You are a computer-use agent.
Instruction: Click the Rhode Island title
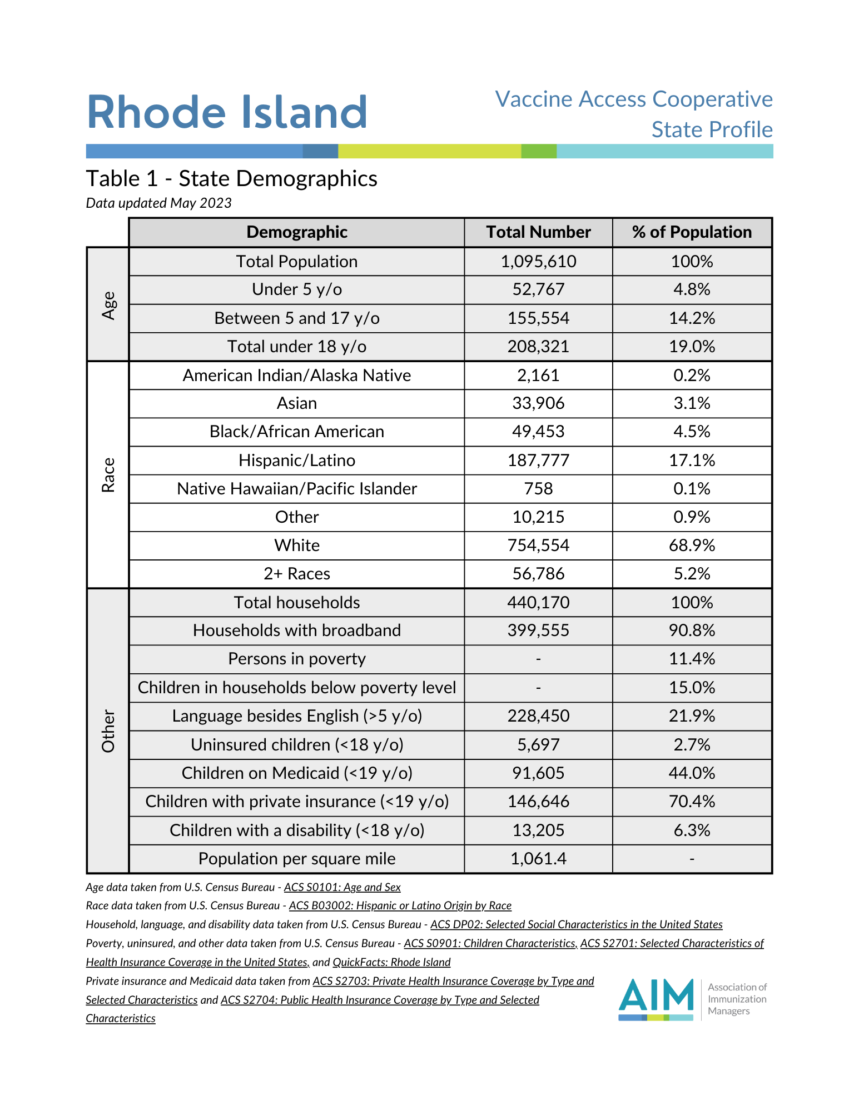(x=227, y=112)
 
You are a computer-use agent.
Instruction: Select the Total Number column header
(x=538, y=232)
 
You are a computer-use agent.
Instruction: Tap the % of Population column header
(x=692, y=232)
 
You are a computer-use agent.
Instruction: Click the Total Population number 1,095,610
(x=538, y=262)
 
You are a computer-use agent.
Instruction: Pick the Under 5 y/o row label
(x=297, y=289)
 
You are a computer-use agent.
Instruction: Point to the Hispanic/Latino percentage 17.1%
(x=692, y=461)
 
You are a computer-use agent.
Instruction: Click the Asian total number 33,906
(x=538, y=403)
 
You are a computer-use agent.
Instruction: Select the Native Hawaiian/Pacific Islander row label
(x=297, y=489)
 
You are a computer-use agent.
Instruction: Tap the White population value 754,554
(x=538, y=546)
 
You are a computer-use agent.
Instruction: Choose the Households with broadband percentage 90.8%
(x=692, y=630)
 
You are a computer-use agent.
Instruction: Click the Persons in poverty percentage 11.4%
(x=692, y=659)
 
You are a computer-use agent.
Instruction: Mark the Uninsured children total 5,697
(x=538, y=745)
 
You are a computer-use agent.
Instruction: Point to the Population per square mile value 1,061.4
(x=538, y=859)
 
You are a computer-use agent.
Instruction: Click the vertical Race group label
(x=108, y=475)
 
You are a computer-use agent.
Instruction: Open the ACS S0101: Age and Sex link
(x=342, y=887)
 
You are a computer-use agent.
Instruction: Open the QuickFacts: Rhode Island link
(x=391, y=962)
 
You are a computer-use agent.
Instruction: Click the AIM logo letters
(x=656, y=995)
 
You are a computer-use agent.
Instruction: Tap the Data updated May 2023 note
(x=158, y=203)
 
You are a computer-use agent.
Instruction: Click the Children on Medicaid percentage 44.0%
(x=692, y=773)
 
